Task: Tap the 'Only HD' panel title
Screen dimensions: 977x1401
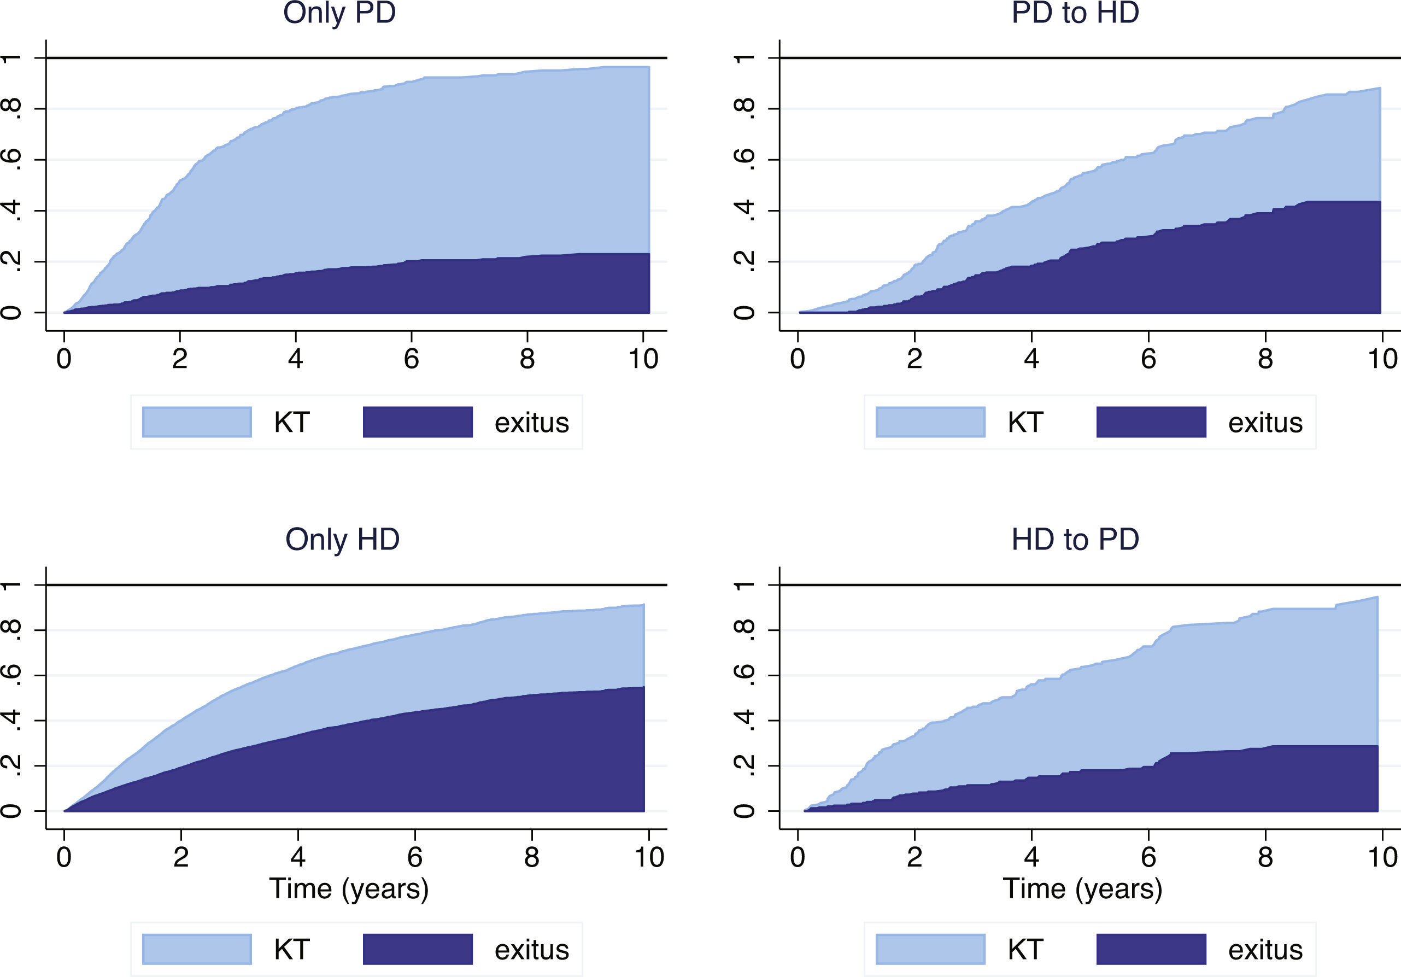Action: tap(342, 540)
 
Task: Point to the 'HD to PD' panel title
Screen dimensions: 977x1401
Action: tap(1075, 540)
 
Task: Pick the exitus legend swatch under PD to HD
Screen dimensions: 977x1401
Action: tap(1151, 422)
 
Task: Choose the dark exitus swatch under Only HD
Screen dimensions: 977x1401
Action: tap(418, 949)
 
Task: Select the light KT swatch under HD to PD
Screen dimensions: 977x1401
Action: tap(930, 949)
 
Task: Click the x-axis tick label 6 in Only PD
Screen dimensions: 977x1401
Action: tap(411, 359)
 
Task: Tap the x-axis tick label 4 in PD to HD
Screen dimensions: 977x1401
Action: tap(1031, 359)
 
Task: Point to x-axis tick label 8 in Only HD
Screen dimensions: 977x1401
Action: tap(531, 857)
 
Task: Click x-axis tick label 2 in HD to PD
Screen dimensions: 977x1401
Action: tap(914, 857)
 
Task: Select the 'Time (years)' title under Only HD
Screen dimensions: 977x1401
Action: tap(349, 888)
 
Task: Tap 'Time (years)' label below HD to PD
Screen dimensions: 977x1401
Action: tap(1082, 888)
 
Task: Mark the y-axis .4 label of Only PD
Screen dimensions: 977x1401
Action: tap(11, 210)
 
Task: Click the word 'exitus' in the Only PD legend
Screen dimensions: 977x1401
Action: tap(531, 423)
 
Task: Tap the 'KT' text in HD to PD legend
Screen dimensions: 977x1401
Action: tap(1025, 950)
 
